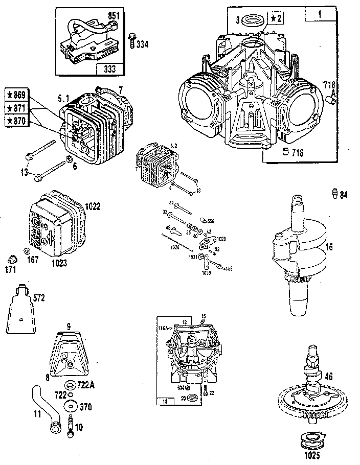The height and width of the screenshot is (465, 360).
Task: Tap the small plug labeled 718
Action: coord(285,152)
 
